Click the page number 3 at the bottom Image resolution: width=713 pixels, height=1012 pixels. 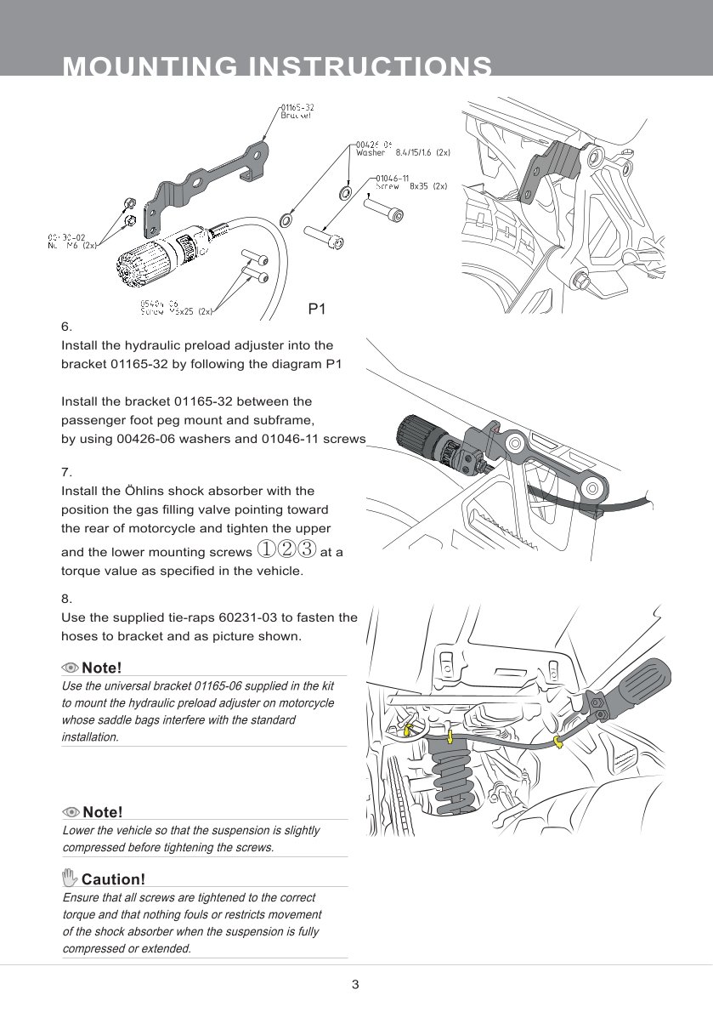pyautogui.click(x=355, y=985)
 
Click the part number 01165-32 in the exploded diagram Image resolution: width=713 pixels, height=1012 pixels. pyautogui.click(x=297, y=107)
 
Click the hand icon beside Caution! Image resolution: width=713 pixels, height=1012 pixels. pyautogui.click(x=71, y=878)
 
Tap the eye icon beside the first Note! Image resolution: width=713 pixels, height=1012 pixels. pyautogui.click(x=71, y=668)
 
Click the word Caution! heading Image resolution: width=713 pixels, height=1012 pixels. pyautogui.click(x=113, y=878)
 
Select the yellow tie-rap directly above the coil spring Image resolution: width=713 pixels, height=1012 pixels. pyautogui.click(x=450, y=733)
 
